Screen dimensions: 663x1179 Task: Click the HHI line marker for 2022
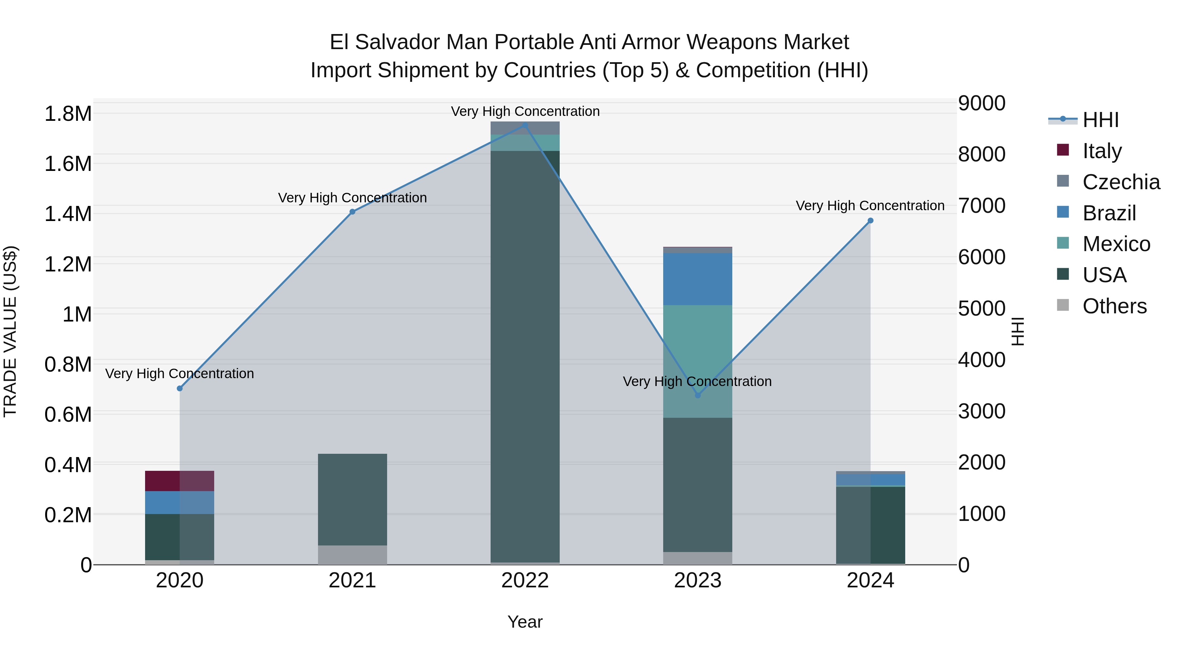525,125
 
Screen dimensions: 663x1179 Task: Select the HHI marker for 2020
180,388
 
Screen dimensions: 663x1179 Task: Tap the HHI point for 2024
870,221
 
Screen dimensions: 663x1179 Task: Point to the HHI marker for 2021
352,212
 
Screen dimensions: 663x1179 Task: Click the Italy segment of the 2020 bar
180,481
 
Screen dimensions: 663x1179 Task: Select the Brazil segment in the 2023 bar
698,279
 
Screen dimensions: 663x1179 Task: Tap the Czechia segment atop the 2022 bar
525,128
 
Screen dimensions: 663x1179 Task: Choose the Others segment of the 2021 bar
352,555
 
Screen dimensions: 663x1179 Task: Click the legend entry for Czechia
1120,182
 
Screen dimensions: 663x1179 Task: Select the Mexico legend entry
1116,244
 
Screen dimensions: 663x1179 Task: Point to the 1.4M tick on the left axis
68,214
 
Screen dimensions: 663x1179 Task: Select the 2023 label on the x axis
698,580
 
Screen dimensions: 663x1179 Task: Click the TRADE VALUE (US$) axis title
10,331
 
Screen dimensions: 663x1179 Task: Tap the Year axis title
525,622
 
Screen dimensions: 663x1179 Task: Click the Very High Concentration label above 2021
352,198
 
